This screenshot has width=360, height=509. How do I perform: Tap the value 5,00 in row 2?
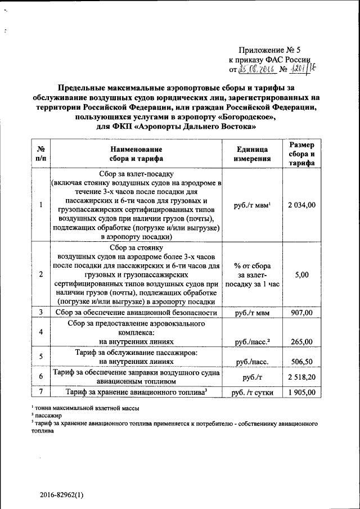coord(301,274)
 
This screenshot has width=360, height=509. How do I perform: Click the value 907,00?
coord(301,313)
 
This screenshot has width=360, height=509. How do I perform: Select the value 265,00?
coord(301,341)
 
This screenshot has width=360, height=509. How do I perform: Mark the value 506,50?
coord(301,363)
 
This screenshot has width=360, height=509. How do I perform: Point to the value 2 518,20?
coord(301,376)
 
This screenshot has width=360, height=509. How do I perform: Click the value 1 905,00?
coord(301,392)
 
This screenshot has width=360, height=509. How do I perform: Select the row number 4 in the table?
coord(41,332)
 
